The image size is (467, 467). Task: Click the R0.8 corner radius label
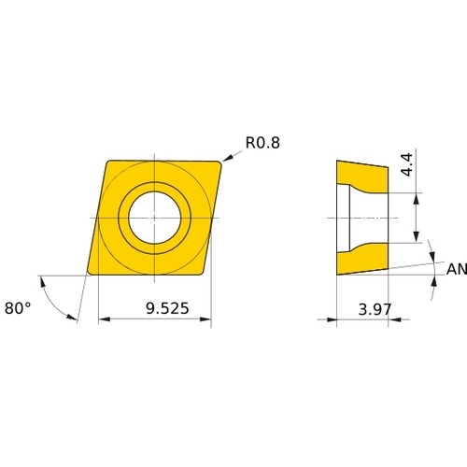coord(262,143)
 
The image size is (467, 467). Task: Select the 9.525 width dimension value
coord(167,308)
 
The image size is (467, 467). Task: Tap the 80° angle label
coord(18,308)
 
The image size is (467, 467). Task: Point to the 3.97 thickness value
coord(375,309)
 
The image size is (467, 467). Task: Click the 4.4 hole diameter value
coord(407,164)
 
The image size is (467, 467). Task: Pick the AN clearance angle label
coord(457,269)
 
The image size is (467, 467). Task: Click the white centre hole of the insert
coord(155,218)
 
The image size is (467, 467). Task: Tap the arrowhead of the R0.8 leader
coord(227,158)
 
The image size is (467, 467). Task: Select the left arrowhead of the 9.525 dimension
coord(105,319)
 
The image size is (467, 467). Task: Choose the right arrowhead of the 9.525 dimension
coord(205,319)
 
